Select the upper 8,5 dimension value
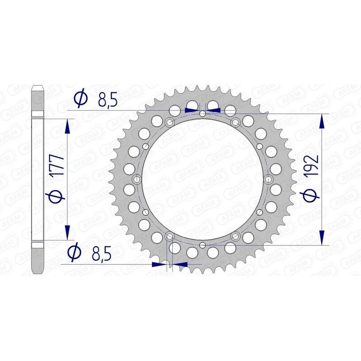click(107, 99)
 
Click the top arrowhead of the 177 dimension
click(68, 126)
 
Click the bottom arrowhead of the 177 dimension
click(68, 230)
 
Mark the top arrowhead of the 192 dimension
click(321, 121)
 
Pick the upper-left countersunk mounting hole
click(169, 122)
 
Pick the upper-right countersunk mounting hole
click(235, 122)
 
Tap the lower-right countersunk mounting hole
click(235, 236)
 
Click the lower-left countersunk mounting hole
click(169, 236)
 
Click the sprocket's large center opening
click(202, 179)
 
